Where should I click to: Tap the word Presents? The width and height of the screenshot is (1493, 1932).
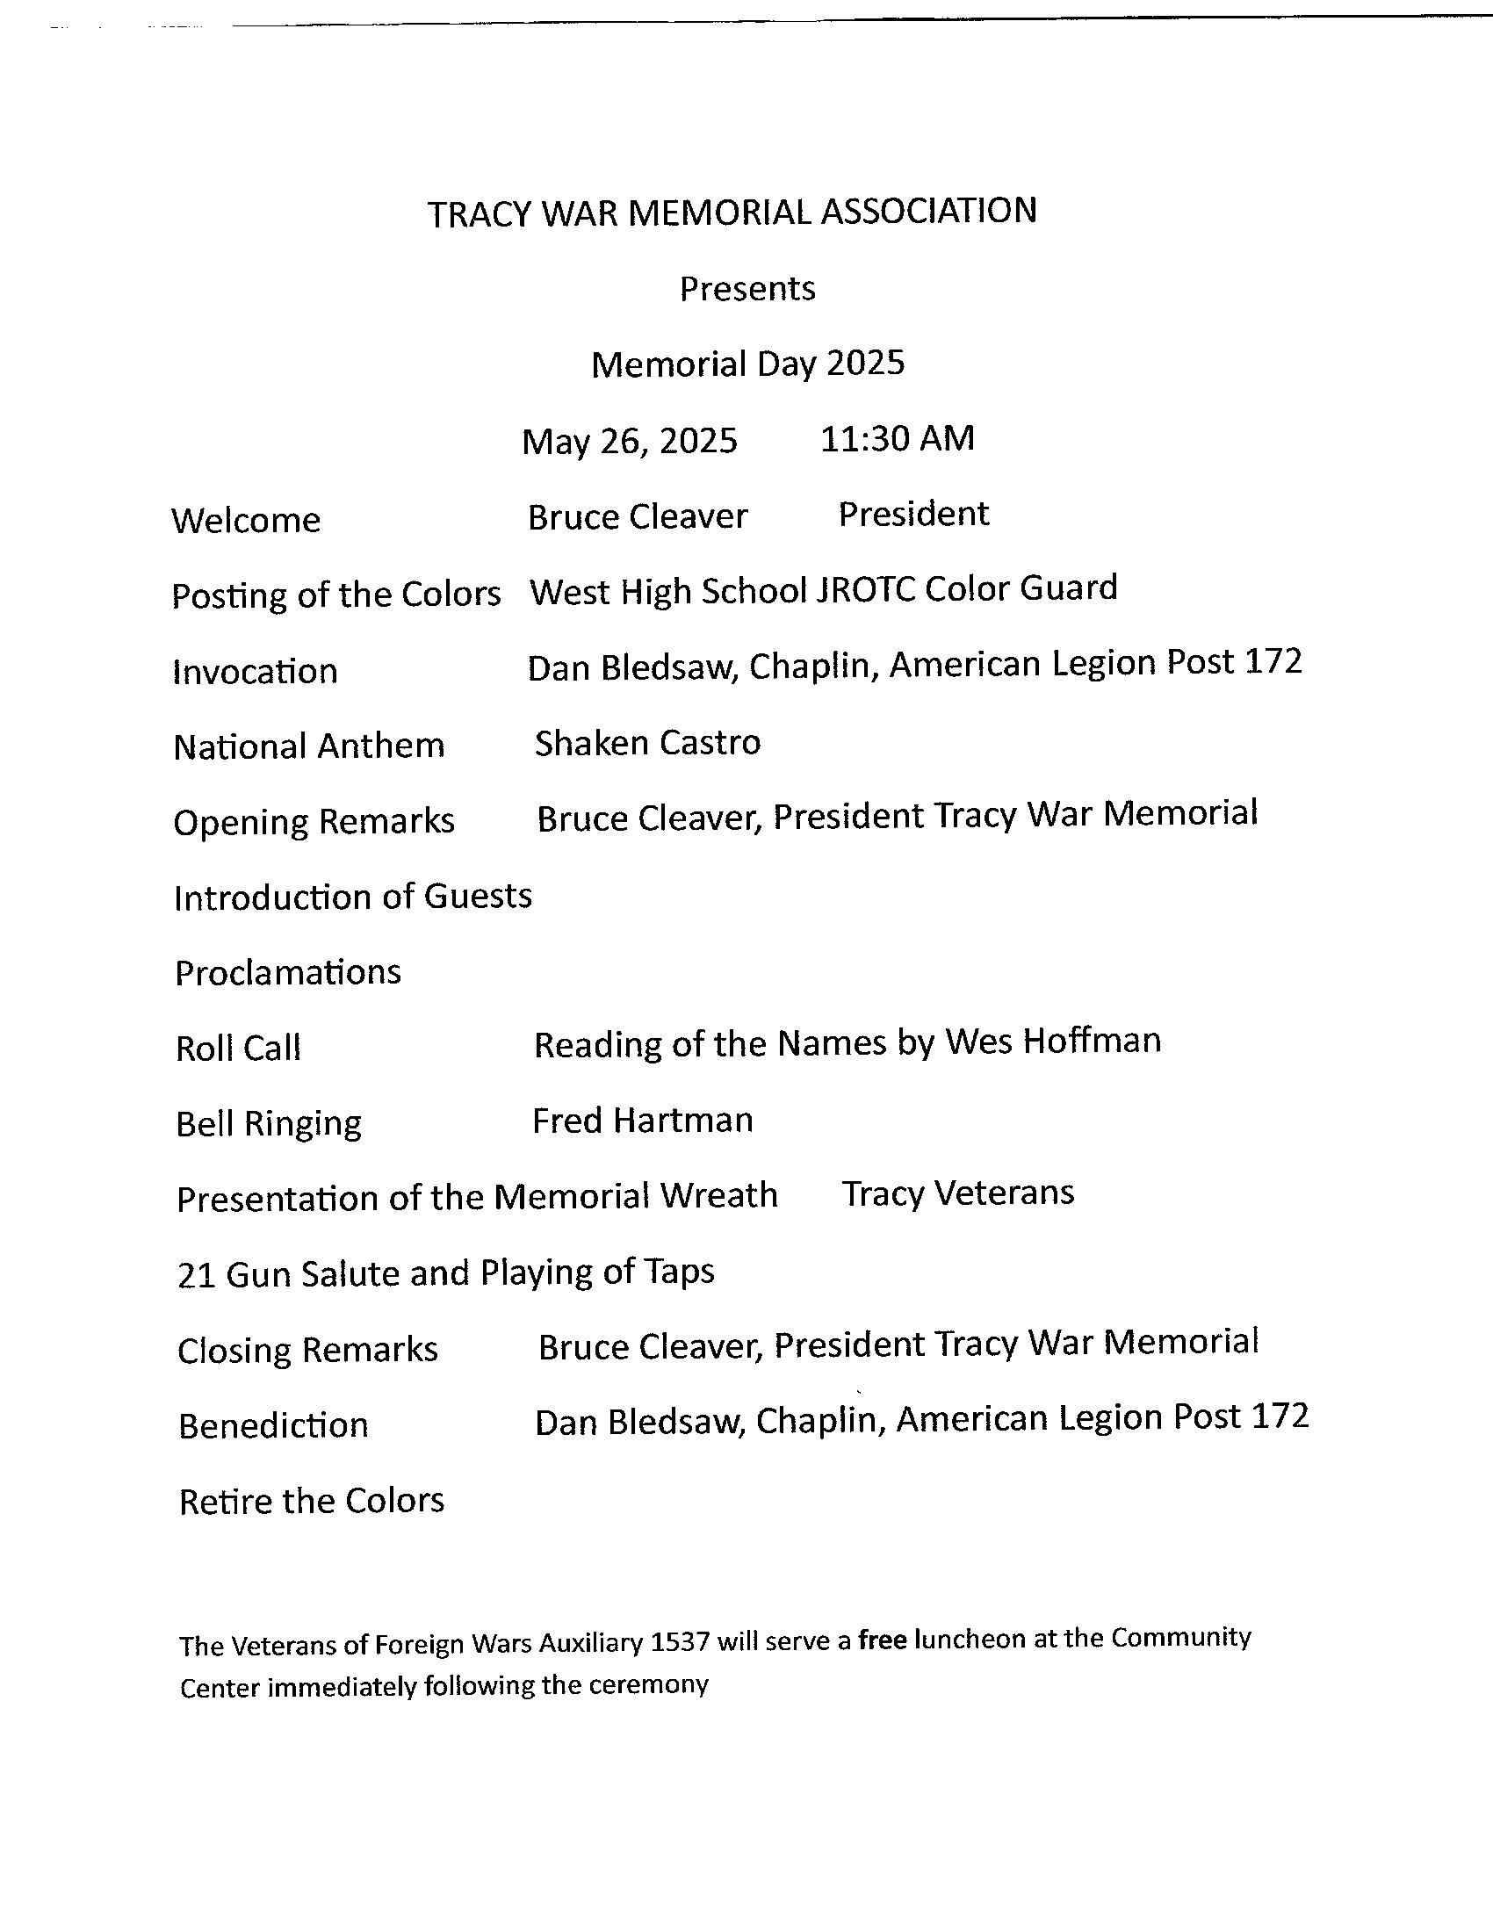point(747,289)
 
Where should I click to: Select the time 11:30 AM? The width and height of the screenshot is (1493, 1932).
point(897,438)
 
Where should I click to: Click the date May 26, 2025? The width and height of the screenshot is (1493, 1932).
point(629,441)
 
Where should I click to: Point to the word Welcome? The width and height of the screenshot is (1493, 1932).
point(246,520)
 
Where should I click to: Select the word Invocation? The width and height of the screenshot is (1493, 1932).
point(255,672)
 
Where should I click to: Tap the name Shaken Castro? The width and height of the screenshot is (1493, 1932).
point(647,743)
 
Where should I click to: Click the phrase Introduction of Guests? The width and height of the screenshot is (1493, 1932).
point(353,897)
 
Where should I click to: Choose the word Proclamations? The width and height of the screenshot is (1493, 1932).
point(287,973)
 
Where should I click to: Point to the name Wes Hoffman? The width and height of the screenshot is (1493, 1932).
point(1052,1042)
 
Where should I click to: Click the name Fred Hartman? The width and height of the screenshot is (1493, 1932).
point(642,1121)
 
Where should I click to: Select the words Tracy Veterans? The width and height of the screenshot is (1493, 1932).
point(958,1193)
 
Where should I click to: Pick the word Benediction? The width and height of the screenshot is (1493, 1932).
point(273,1426)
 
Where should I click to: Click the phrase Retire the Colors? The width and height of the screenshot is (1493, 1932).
point(312,1501)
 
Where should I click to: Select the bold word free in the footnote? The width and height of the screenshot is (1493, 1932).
point(882,1640)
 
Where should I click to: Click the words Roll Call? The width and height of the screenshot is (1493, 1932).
point(239,1049)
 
